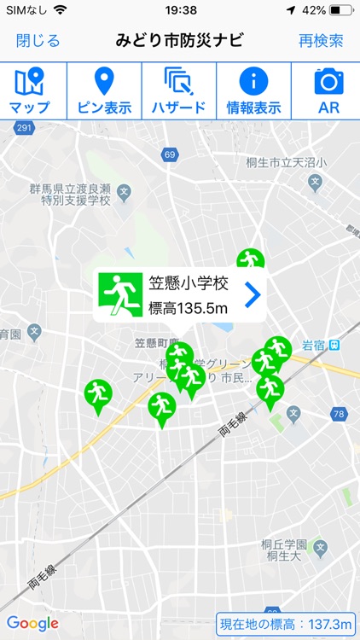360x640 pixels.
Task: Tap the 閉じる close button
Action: coord(38,40)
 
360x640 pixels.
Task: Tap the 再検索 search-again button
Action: coord(321,40)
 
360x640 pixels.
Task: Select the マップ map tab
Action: coord(30,90)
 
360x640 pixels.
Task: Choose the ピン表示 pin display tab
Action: coord(102,90)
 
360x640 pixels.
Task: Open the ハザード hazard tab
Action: coord(179,90)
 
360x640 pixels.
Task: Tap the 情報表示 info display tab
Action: coord(253,90)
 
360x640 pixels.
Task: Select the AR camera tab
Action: coord(328,90)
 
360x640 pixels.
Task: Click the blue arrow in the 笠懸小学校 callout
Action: coord(252,295)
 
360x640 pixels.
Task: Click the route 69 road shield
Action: coord(170,154)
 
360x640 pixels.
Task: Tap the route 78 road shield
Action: coord(340,415)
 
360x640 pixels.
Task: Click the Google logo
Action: coord(32,623)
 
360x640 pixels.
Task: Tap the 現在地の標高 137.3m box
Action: coord(285,624)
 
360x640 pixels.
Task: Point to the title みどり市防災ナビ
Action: coord(179,40)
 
